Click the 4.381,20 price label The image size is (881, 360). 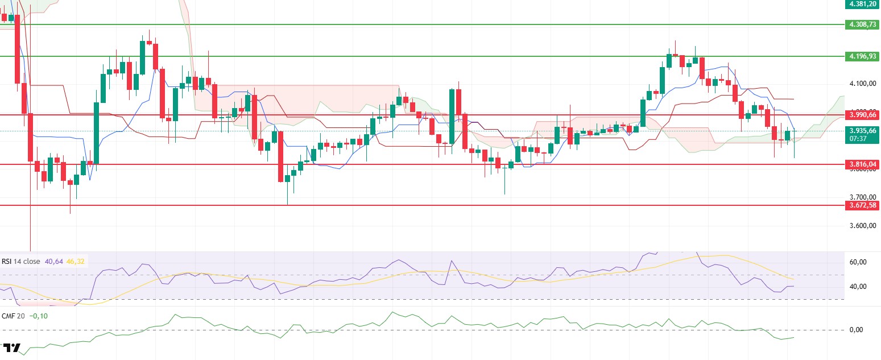863,3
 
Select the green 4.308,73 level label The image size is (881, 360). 863,24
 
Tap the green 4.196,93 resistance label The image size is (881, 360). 863,56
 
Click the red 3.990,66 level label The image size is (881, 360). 863,114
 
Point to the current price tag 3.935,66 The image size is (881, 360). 863,130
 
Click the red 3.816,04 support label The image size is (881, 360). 863,164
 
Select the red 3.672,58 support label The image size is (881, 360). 863,205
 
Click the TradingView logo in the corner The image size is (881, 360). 11,348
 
